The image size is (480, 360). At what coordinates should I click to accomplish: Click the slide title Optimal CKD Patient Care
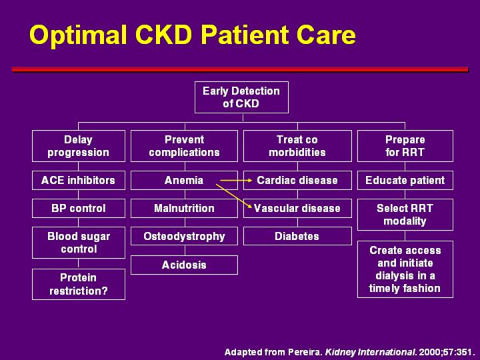pos(193,35)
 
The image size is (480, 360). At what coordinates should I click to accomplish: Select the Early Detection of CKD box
pos(241,97)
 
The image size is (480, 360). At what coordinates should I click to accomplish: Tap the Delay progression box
pos(78,146)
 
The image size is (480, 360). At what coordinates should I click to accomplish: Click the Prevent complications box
pos(184,146)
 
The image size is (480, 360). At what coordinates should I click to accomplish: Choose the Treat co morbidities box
pos(297,146)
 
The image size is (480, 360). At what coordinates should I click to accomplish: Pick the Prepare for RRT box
pos(405,146)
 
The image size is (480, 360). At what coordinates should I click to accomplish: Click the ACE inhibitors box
pos(78,180)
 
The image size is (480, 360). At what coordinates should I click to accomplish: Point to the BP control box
pos(78,208)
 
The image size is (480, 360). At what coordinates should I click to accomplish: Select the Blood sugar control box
pos(78,243)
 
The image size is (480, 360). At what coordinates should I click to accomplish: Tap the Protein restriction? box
pos(78,284)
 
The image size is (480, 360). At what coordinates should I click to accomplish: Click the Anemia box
pos(184,180)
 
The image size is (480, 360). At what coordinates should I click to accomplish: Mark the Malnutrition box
pos(184,208)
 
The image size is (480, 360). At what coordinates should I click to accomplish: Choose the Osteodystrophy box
pos(184,236)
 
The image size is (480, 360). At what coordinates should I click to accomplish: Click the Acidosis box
pos(184,265)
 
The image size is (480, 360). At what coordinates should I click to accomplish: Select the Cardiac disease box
pos(297,180)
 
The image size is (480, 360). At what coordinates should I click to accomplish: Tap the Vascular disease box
pos(297,208)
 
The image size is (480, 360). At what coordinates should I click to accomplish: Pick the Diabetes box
pos(297,236)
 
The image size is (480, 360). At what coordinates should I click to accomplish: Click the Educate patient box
pos(405,180)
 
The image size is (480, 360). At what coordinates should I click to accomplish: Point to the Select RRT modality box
pos(405,215)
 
